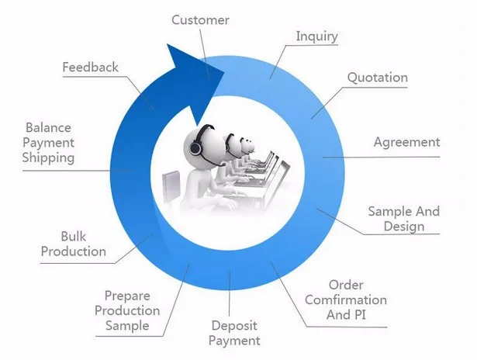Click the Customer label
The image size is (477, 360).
200,20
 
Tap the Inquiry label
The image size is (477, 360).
316,36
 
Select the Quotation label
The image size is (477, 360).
377,78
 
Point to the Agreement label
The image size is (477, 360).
406,142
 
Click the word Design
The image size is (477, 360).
404,227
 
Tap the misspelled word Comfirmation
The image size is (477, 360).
346,300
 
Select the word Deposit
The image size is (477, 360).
234,326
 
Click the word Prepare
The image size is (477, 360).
127,296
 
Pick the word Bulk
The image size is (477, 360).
74,237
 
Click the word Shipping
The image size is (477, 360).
48,158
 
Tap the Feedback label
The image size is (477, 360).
90,67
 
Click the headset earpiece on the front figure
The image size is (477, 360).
195,148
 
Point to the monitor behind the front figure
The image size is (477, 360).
171,186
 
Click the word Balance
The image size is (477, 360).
48,127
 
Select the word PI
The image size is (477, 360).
360,315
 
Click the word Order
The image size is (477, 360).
346,286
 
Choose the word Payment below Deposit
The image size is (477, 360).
234,341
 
